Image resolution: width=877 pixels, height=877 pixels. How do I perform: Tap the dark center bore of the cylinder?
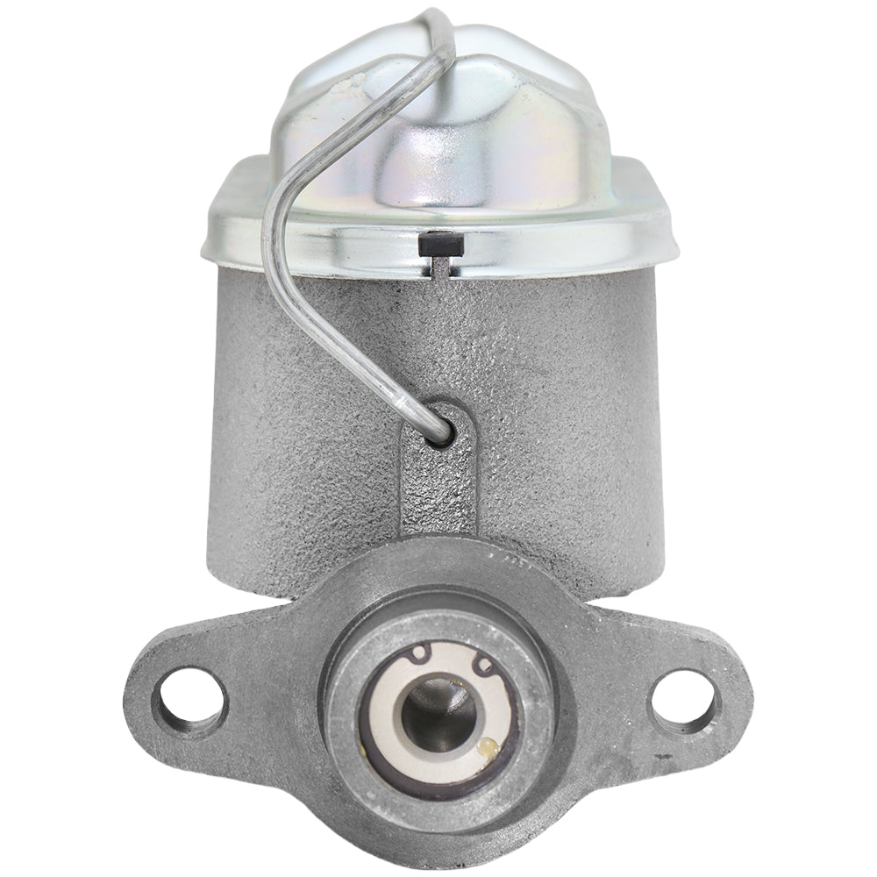point(438,709)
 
